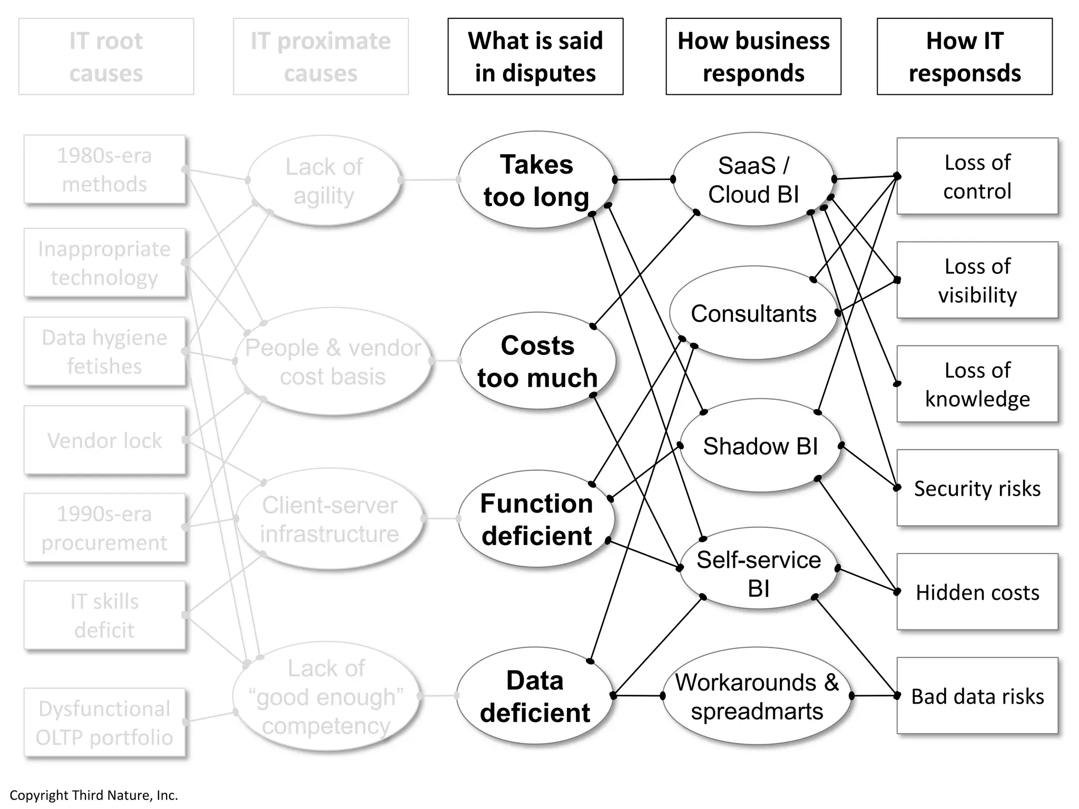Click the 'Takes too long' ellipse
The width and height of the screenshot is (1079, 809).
point(536,180)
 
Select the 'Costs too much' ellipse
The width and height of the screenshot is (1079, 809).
point(537,361)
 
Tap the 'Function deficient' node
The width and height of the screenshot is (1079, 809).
point(536,519)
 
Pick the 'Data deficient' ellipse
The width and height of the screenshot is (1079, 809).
point(534,696)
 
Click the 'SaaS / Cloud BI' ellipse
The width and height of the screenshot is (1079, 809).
point(753,180)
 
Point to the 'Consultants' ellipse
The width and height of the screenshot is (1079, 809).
point(753,313)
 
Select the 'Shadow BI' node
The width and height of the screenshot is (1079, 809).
point(760,446)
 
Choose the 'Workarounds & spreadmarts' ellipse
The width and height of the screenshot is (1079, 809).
point(757,696)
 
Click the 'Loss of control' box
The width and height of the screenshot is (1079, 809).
point(977,176)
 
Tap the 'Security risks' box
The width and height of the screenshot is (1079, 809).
point(977,488)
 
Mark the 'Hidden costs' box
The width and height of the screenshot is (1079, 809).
point(977,592)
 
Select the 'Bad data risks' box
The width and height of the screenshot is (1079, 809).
point(977,696)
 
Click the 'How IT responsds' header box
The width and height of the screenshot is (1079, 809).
point(964,57)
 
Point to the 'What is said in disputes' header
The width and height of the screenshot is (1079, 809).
point(535,57)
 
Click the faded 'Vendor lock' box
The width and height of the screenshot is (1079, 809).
point(104,440)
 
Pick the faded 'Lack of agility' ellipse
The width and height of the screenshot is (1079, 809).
point(323,181)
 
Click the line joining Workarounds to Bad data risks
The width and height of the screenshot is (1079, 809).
point(875,696)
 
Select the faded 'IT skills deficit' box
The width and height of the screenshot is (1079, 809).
point(104,615)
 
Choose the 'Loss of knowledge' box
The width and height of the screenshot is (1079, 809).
point(977,384)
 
